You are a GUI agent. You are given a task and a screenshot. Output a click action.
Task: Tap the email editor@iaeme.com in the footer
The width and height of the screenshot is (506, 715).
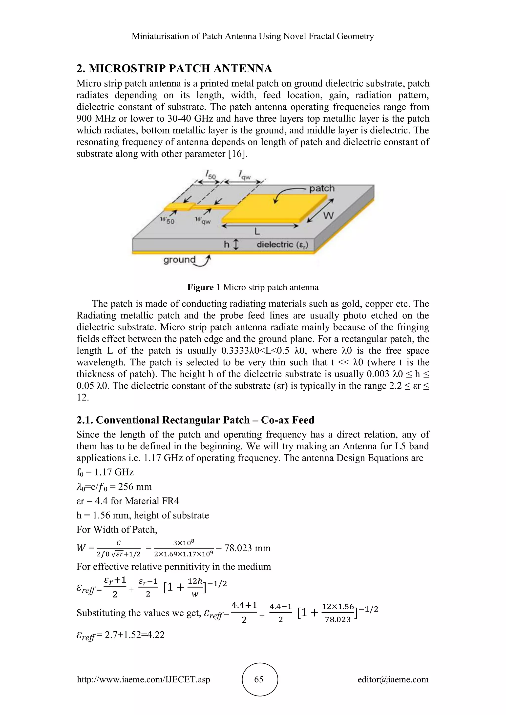point(393,679)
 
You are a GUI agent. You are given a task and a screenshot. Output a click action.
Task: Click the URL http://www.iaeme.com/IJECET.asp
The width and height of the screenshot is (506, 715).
point(143,679)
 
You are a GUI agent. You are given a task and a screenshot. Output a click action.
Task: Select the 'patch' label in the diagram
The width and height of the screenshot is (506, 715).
point(321,188)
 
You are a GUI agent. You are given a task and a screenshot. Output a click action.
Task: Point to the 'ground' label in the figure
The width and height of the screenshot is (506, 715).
point(179,259)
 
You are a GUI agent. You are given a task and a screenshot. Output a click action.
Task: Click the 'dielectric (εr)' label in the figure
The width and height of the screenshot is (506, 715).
point(282,244)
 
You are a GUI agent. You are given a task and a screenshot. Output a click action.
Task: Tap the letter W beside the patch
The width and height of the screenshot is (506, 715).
point(328,215)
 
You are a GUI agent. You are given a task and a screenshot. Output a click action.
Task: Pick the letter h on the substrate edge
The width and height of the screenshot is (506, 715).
point(227,244)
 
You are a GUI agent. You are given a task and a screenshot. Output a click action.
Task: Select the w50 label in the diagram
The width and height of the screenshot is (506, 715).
point(167,220)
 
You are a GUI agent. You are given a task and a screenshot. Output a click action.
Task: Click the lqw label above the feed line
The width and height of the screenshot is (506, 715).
point(245,175)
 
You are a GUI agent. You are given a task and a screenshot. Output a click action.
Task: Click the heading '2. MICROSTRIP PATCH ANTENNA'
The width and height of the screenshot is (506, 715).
point(174,68)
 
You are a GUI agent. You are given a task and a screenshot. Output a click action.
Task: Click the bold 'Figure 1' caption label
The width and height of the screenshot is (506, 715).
point(204,287)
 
